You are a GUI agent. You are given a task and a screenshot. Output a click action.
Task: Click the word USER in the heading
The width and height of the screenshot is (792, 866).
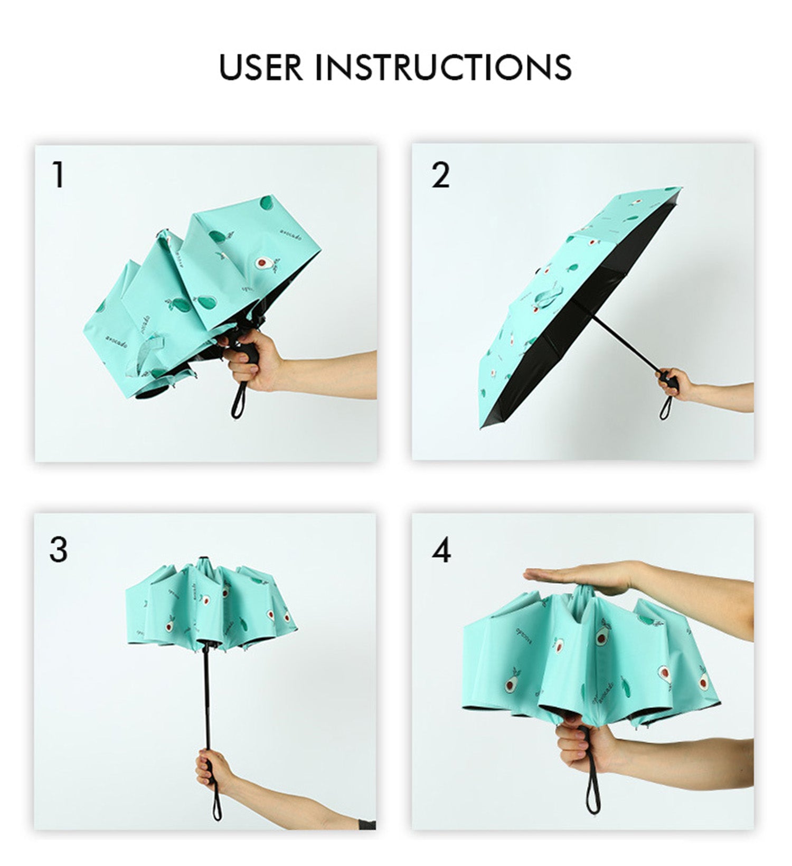pos(261,67)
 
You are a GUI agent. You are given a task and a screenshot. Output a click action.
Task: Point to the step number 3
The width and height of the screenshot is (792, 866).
pos(58,549)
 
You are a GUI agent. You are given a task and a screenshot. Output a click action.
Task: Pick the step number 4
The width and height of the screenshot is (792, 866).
pos(441,550)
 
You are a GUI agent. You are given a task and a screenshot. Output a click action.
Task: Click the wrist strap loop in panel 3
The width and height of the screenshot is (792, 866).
pos(216,802)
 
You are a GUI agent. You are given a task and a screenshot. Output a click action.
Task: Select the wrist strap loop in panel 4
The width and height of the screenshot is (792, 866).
pos(593,792)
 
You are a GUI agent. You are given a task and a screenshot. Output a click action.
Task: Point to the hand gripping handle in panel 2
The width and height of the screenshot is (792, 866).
pos(673,383)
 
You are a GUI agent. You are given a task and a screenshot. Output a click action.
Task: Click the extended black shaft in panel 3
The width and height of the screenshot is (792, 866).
pos(207,697)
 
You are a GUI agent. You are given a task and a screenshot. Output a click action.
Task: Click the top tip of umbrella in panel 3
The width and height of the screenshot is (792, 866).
pos(203,559)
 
